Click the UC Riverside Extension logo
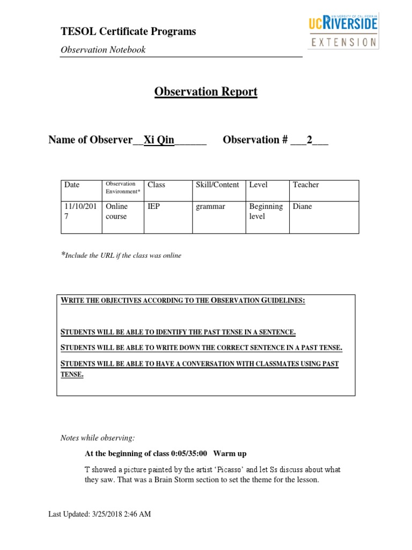pos(343,31)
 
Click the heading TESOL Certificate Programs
pos(128,32)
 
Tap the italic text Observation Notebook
pos(103,50)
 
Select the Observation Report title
pos(206,92)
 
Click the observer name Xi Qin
pos(159,140)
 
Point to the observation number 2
pos(309,140)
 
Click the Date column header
pos(72,185)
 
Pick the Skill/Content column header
pos(217,185)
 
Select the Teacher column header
pos(306,185)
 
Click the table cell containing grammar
pos(211,207)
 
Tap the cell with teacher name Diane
pos(302,207)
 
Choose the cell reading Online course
pos(116,212)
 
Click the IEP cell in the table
pos(154,207)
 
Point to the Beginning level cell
pos(266,212)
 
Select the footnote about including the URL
pos(121,256)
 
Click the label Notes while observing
pos(94,438)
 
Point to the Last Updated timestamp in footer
pos(100,515)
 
